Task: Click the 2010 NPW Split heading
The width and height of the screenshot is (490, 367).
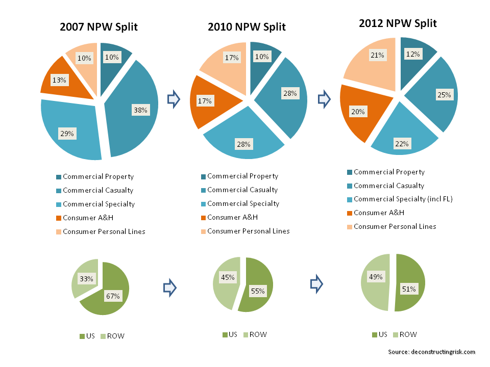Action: (x=247, y=27)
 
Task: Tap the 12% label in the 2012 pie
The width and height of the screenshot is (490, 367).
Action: (x=413, y=54)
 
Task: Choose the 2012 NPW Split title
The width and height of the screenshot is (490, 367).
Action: (x=398, y=23)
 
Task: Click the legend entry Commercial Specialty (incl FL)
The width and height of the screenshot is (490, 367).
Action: (x=403, y=199)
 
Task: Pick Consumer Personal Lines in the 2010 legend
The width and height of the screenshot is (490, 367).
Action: (x=248, y=231)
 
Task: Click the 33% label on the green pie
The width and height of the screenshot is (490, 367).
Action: (x=85, y=279)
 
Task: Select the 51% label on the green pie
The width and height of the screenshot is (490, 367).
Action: (x=409, y=289)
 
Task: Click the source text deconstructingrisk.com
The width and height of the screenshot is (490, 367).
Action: (x=431, y=352)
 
